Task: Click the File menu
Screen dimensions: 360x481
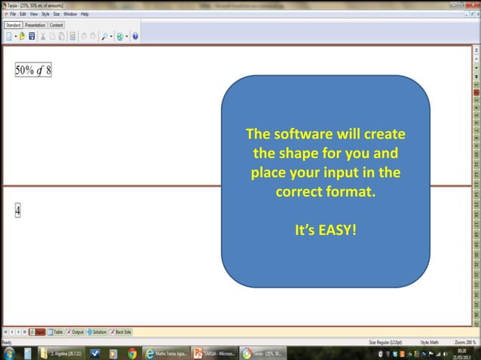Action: coord(13,14)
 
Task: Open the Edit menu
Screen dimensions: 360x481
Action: coord(23,14)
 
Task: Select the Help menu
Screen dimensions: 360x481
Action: coord(84,14)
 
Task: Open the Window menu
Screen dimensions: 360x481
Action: coord(70,14)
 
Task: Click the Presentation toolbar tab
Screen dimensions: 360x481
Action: coord(35,25)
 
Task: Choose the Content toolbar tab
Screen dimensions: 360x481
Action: coord(57,25)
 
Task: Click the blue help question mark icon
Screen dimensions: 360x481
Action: coord(135,35)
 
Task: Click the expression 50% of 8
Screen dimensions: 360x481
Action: coord(33,70)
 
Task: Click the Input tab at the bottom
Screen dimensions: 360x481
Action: coord(37,332)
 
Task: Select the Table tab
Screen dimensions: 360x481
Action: coord(56,332)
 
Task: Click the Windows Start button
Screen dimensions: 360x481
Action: coord(9,352)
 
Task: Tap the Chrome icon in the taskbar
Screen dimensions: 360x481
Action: coord(133,352)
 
